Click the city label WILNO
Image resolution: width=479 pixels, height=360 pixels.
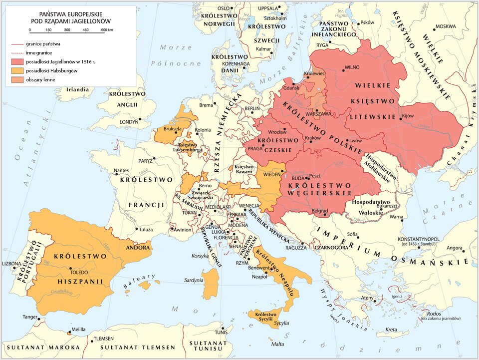(x=352, y=67)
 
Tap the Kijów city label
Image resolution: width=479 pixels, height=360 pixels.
(x=408, y=116)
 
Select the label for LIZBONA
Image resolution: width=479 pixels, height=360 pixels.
(x=11, y=263)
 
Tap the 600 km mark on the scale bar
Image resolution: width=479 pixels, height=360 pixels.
(x=106, y=30)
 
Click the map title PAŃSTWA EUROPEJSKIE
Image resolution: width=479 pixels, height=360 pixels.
(x=70, y=15)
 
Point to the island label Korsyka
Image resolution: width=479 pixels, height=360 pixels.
(x=200, y=256)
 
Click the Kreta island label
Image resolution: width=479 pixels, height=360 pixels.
(x=391, y=330)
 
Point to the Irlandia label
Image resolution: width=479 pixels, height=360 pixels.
(x=78, y=90)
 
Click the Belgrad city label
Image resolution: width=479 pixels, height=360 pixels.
(x=319, y=211)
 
